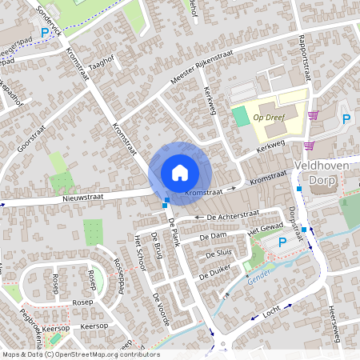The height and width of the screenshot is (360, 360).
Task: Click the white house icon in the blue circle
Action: click(180, 172)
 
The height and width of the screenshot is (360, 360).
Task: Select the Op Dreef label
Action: click(270, 117)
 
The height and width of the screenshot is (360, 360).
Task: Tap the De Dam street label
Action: click(214, 237)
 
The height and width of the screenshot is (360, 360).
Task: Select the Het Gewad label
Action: click(266, 230)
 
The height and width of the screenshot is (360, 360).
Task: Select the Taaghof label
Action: click(103, 69)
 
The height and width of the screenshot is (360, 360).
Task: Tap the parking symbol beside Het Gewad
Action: click(282, 242)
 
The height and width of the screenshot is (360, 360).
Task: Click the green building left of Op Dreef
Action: click(241, 117)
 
